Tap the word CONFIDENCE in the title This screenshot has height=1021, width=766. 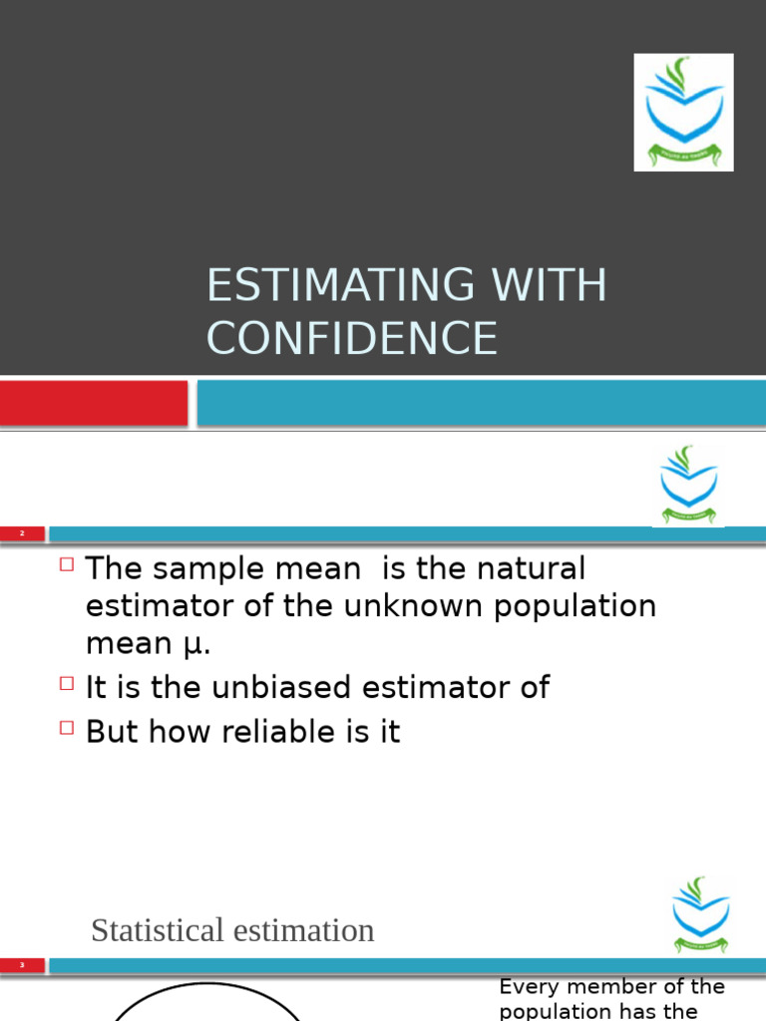351,338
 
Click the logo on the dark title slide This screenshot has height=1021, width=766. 683,112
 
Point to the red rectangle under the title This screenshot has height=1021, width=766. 94,403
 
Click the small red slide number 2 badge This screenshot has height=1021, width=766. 22,534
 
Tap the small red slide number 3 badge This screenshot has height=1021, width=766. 22,965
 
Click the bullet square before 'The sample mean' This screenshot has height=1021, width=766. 67,564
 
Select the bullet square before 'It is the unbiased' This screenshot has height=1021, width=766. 67,683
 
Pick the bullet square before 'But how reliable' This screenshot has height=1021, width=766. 67,727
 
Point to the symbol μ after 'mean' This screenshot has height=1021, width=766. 195,644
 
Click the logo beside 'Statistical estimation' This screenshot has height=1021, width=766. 700,914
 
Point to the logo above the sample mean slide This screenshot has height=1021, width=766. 688,485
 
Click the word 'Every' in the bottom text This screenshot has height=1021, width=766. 525,987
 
